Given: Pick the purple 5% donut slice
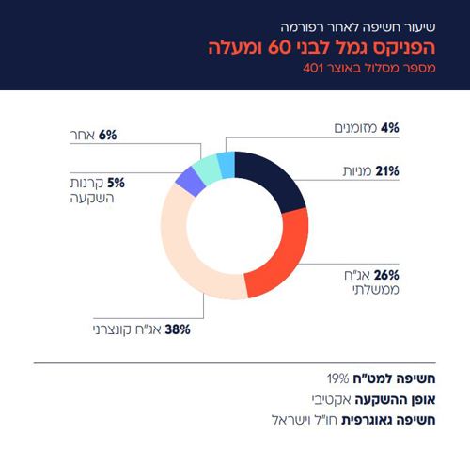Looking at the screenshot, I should [189, 182].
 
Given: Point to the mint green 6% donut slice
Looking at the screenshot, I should [207, 168].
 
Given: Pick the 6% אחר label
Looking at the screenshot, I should [95, 137].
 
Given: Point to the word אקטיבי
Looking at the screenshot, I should [335, 399].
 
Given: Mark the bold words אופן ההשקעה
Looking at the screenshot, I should [395, 399].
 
